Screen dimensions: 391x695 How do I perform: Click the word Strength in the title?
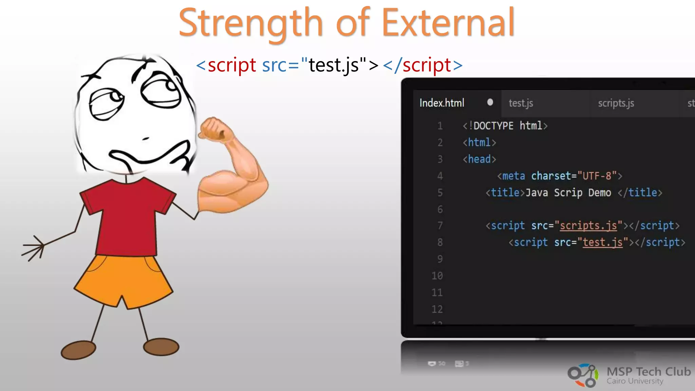pyautogui.click(x=250, y=23)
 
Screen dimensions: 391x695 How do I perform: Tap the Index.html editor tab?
pyautogui.click(x=442, y=103)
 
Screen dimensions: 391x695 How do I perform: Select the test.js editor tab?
pyautogui.click(x=521, y=103)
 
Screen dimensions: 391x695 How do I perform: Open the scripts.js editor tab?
pyautogui.click(x=616, y=103)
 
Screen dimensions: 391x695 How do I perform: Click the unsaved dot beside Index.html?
pyautogui.click(x=490, y=102)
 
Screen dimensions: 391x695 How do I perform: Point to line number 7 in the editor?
pyautogui.click(x=440, y=226)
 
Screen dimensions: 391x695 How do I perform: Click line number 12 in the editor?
pyautogui.click(x=437, y=309)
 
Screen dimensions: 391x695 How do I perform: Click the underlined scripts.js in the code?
pyautogui.click(x=588, y=226)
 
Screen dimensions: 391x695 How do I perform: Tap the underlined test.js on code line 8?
pyautogui.click(x=603, y=242)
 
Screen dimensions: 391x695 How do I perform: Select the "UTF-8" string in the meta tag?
pyautogui.click(x=597, y=176)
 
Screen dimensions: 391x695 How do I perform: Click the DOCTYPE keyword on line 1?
pyautogui.click(x=493, y=126)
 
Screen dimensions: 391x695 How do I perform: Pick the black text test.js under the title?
pyautogui.click(x=334, y=65)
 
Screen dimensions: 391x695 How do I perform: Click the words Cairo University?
pyautogui.click(x=635, y=381)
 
